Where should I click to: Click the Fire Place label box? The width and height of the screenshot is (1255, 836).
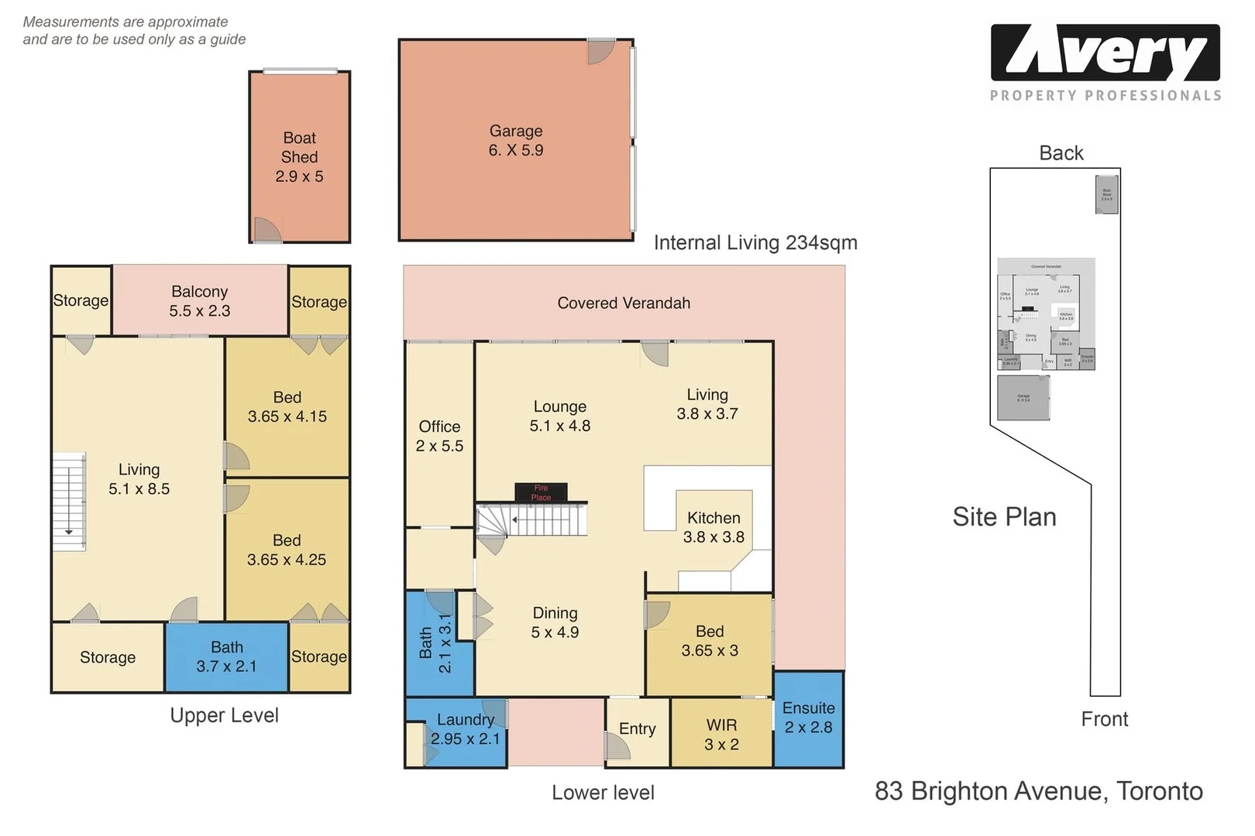[541, 492]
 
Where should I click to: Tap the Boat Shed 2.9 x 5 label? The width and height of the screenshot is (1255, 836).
[299, 157]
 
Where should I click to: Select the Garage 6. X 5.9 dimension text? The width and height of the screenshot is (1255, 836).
[515, 150]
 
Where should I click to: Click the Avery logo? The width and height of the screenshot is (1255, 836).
[1105, 53]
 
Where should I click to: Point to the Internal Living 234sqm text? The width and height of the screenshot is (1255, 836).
[755, 243]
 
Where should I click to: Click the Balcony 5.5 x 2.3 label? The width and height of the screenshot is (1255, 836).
[200, 301]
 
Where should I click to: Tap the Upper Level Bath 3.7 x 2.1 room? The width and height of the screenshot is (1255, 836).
[226, 656]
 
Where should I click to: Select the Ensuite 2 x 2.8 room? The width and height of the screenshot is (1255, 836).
[808, 718]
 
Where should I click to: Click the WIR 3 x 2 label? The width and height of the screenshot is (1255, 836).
[721, 735]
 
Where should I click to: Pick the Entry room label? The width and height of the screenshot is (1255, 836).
[637, 728]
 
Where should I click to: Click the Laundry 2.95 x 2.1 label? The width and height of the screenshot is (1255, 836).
[465, 729]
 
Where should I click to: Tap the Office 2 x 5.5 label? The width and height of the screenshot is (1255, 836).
[439, 436]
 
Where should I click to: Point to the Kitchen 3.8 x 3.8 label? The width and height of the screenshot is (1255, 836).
[713, 527]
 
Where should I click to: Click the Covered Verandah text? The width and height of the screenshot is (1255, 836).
[624, 303]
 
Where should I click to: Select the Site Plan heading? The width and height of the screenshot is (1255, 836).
[1004, 516]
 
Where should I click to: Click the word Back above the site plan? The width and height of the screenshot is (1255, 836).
[1061, 153]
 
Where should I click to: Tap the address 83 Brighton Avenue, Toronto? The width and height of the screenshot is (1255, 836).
[1038, 791]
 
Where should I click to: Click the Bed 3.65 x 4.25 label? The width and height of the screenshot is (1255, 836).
[287, 550]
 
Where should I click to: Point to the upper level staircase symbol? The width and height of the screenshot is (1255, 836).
[68, 501]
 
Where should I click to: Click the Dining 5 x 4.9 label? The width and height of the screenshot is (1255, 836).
[555, 622]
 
